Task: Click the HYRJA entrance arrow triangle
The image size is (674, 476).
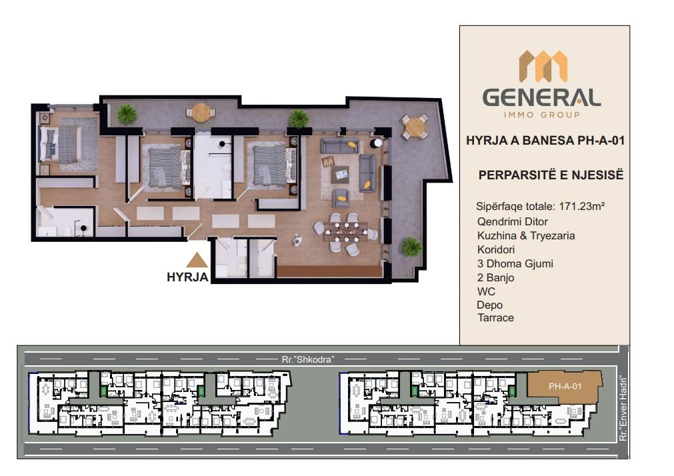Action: [x=197, y=261]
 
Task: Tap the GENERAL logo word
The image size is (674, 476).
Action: [x=541, y=97]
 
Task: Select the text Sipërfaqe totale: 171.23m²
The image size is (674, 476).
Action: [x=540, y=206]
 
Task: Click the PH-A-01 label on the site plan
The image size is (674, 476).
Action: [x=565, y=386]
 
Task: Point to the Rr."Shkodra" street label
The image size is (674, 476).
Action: [x=308, y=359]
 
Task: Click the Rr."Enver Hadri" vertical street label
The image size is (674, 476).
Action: [x=623, y=409]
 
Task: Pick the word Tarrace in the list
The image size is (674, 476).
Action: [x=495, y=318]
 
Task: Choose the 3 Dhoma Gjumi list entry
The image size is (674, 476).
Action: [x=515, y=263]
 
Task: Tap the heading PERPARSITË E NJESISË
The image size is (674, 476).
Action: [x=551, y=175]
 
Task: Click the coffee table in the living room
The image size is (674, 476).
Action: [x=343, y=174]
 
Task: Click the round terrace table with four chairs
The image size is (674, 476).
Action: [x=415, y=127]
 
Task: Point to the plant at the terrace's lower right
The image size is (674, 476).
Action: [x=411, y=247]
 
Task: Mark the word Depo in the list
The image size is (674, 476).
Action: [x=489, y=305]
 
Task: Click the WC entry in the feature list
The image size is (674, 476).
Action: [x=486, y=291]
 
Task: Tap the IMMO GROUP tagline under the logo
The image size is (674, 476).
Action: [x=541, y=115]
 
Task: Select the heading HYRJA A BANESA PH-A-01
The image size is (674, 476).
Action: [x=545, y=141]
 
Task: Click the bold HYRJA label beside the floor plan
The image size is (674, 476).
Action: [x=187, y=277]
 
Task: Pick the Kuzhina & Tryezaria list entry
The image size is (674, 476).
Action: [x=526, y=235]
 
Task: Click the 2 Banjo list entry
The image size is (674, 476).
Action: [x=495, y=278]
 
